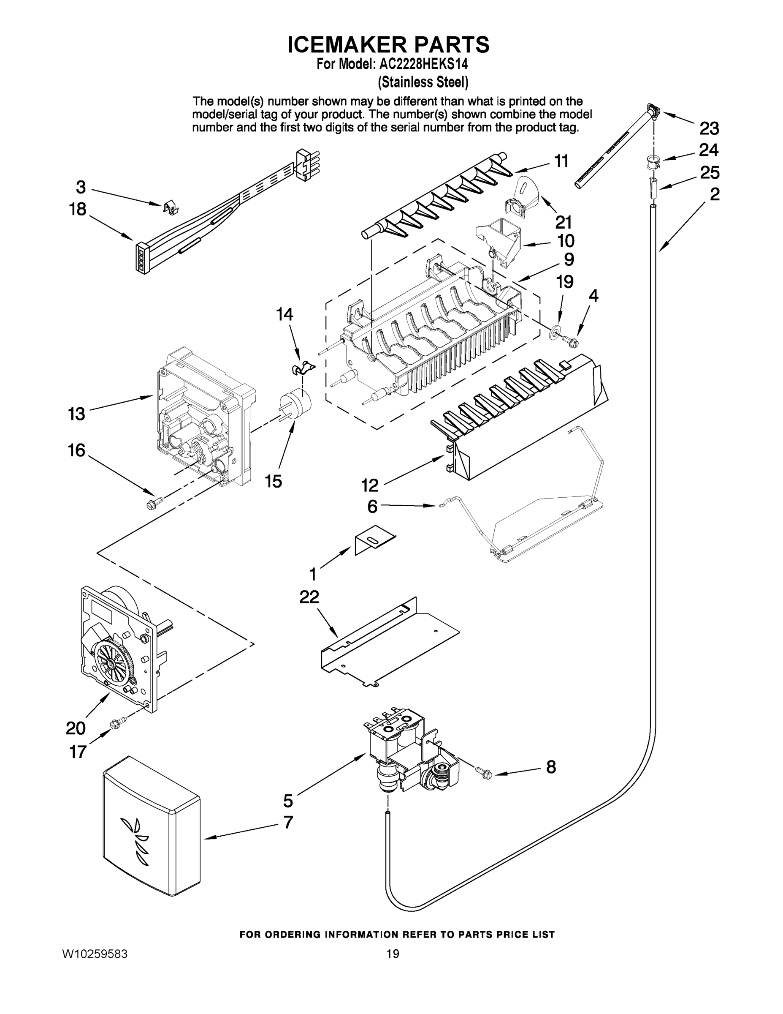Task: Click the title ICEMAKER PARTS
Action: (x=389, y=44)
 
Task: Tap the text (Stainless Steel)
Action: (x=423, y=82)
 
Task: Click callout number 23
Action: (x=709, y=128)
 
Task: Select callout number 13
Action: (x=76, y=413)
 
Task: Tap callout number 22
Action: (x=309, y=597)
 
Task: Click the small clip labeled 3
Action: (x=172, y=207)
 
